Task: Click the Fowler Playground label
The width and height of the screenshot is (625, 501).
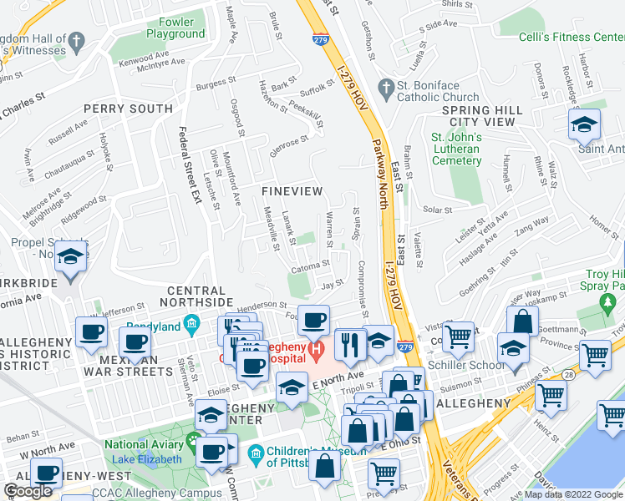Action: [x=175, y=28]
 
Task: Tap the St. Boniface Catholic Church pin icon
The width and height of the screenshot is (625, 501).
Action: [x=385, y=87]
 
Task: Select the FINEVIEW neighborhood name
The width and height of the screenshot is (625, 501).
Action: [x=292, y=191]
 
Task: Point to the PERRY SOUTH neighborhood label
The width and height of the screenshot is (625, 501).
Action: [x=128, y=109]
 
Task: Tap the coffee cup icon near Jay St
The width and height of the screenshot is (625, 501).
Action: [x=314, y=320]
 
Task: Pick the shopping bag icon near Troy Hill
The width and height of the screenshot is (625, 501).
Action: [x=522, y=320]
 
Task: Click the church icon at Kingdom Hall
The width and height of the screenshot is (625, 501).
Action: [x=76, y=40]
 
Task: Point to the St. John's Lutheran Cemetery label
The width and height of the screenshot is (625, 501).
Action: [x=455, y=149]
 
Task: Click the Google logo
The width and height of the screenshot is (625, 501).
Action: [x=29, y=491]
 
